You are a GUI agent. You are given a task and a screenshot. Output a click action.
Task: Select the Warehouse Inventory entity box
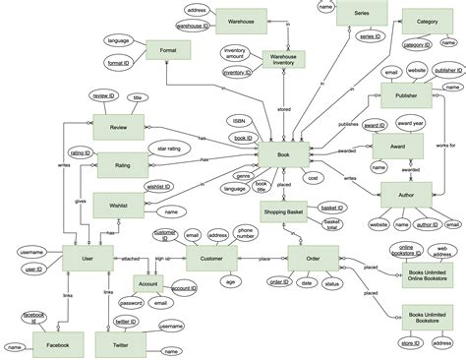pos(282,59)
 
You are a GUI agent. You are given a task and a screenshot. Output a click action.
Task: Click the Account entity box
pos(147,284)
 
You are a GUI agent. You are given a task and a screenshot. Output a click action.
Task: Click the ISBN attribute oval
pos(239,121)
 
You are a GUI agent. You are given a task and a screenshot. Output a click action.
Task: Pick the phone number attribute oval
pos(245,235)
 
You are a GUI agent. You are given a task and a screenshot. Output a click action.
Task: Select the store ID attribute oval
pos(410,343)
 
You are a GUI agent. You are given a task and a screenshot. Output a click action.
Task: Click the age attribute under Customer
pos(229,282)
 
